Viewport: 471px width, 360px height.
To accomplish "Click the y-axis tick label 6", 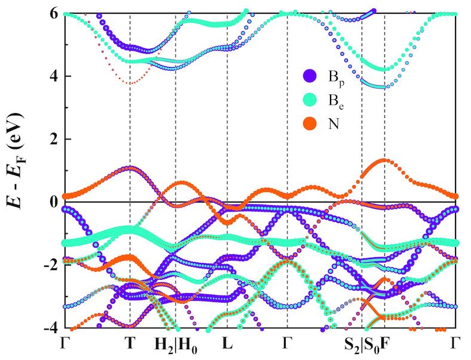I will coord(52,14).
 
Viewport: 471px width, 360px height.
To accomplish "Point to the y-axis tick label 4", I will coord(52,76).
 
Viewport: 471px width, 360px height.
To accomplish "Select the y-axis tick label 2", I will coord(52,139).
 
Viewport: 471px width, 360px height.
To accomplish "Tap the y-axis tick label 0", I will coord(52,202).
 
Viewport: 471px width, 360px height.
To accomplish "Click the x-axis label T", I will coord(130,344).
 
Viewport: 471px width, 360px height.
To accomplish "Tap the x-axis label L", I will coord(227,344).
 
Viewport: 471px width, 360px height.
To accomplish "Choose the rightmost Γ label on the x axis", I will coord(456,344).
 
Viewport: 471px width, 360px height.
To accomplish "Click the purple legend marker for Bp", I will coord(310,76).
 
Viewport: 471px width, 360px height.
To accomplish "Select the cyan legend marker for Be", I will coord(310,100).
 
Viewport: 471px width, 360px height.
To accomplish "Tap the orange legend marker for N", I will coord(310,124).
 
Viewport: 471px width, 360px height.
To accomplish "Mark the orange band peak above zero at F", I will coord(385,160).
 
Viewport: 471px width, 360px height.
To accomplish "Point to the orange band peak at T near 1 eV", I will coord(130,167).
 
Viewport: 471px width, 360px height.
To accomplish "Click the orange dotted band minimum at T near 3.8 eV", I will coord(130,83).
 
